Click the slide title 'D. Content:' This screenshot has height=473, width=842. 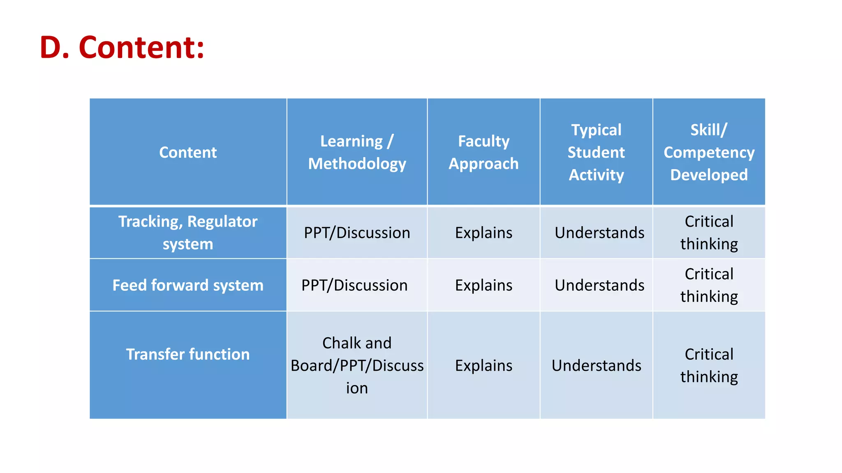(x=122, y=48)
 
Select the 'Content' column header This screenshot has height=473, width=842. (x=188, y=152)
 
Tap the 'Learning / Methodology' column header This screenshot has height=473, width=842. (x=357, y=152)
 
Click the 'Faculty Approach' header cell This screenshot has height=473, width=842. (x=483, y=152)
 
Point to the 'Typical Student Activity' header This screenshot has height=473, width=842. (x=596, y=152)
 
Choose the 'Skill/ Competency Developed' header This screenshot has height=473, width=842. (x=709, y=152)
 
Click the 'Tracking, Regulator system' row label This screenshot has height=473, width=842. (x=188, y=233)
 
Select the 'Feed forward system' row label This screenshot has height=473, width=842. (x=188, y=285)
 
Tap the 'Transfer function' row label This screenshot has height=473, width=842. (x=188, y=354)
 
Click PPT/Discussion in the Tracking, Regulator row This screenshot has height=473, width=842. (x=357, y=233)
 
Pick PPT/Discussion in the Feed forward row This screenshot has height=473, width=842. (x=354, y=285)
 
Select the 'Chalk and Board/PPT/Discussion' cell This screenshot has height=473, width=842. (x=357, y=365)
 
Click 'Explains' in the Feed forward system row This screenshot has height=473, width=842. (x=483, y=285)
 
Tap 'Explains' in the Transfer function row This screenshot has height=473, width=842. (x=483, y=365)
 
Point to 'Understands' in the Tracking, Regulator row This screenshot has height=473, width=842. (x=599, y=233)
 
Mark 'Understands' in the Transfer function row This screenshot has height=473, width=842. (x=596, y=365)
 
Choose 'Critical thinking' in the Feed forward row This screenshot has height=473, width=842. (x=709, y=285)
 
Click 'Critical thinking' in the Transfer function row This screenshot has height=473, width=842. (x=709, y=365)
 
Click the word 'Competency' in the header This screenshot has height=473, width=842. (x=709, y=153)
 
